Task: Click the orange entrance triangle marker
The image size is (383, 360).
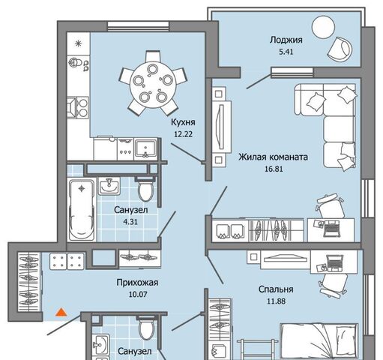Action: pos(61,312)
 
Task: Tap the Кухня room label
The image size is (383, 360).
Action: pos(183,122)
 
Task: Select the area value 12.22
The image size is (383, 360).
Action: pos(183,134)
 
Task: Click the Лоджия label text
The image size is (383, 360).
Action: pos(286,40)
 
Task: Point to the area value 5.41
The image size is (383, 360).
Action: pos(286,52)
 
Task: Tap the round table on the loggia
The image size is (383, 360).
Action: pos(323,27)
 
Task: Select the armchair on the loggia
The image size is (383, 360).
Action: pos(340,49)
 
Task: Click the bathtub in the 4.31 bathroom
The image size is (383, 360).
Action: pos(82,209)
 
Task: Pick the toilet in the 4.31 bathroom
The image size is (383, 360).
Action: pos(145,189)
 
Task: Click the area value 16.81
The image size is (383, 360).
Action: pos(274,169)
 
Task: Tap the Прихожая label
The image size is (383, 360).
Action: pos(137,283)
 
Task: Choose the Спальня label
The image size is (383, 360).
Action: pos(276,289)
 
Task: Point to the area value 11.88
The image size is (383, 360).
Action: pos(276,301)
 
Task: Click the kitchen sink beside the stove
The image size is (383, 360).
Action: pos(145,149)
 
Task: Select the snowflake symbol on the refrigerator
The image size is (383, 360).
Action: pos(79,43)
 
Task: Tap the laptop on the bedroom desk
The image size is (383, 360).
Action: pos(334,263)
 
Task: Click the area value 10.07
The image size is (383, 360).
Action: pos(138,295)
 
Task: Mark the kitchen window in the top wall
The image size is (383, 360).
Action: pos(138,26)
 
